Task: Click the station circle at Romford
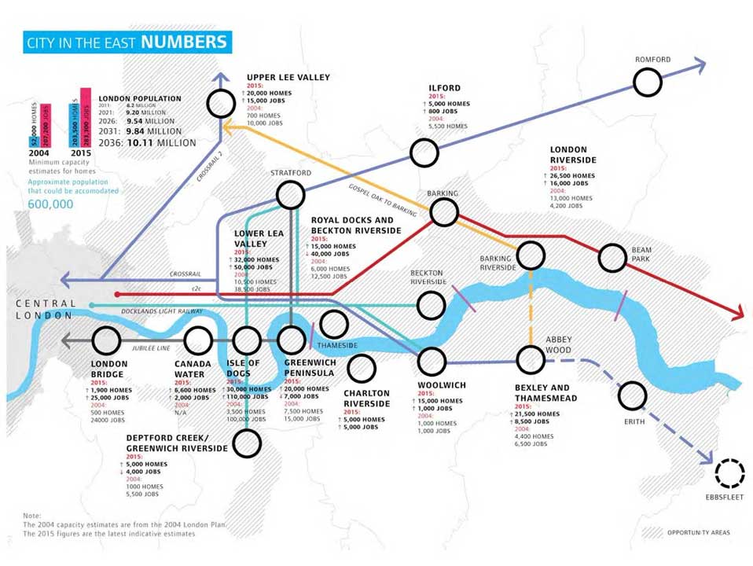tap(648, 82)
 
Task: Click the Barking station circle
tap(444, 211)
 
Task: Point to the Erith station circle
tap(632, 395)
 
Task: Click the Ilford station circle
tap(424, 153)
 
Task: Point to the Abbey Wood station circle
tap(531, 360)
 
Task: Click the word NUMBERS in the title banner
tap(185, 42)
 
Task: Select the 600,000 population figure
tap(51, 204)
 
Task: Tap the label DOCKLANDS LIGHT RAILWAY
tap(162, 311)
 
